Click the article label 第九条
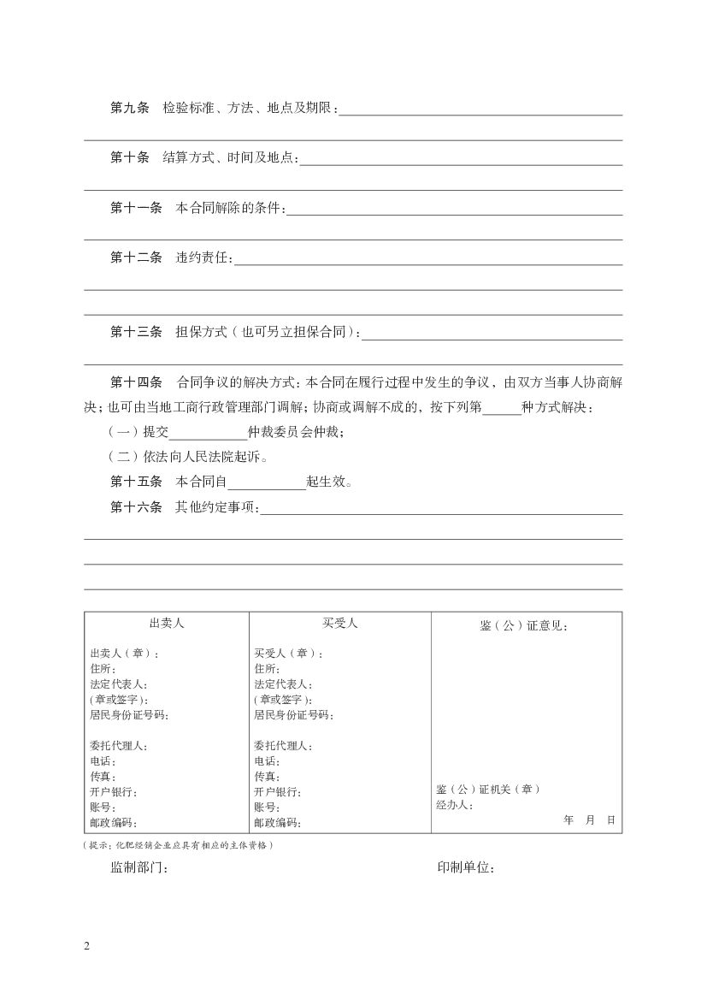pyautogui.click(x=130, y=109)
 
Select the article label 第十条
pyautogui.click(x=130, y=158)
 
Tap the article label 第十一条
pyautogui.click(x=136, y=208)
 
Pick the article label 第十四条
pyautogui.click(x=136, y=382)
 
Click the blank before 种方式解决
pyautogui.click(x=502, y=407)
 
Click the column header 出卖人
pyautogui.click(x=167, y=624)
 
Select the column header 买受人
pyautogui.click(x=339, y=624)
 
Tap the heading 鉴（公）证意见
pyautogui.click(x=524, y=626)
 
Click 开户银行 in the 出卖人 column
pyautogui.click(x=113, y=792)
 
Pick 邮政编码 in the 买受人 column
pyautogui.click(x=277, y=823)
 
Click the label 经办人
pyautogui.click(x=454, y=805)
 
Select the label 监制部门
pyautogui.click(x=138, y=868)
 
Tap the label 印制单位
pyautogui.click(x=466, y=868)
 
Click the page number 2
pyautogui.click(x=86, y=946)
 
